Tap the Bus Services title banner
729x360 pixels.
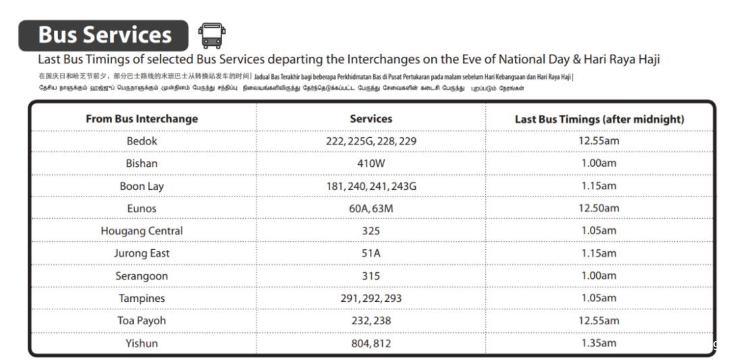(x=104, y=36)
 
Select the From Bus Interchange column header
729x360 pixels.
(x=142, y=119)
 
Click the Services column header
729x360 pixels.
(x=371, y=119)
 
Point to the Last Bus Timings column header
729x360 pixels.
(x=599, y=119)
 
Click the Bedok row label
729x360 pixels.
(x=142, y=141)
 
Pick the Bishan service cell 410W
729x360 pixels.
(x=371, y=163)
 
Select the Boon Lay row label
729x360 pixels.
(x=142, y=186)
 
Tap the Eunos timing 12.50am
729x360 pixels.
(x=599, y=208)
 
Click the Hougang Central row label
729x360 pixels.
(x=142, y=231)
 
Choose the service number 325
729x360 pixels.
(x=371, y=231)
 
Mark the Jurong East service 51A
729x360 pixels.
(x=371, y=253)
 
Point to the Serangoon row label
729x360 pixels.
(x=142, y=276)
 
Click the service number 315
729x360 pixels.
(x=371, y=276)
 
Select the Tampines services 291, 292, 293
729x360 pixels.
(x=371, y=299)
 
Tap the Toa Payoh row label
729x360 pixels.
(x=142, y=321)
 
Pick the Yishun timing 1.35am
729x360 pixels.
(x=599, y=343)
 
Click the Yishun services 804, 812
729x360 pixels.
(x=371, y=343)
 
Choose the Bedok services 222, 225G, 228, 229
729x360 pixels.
(x=371, y=141)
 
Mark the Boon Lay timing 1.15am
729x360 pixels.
(x=599, y=186)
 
